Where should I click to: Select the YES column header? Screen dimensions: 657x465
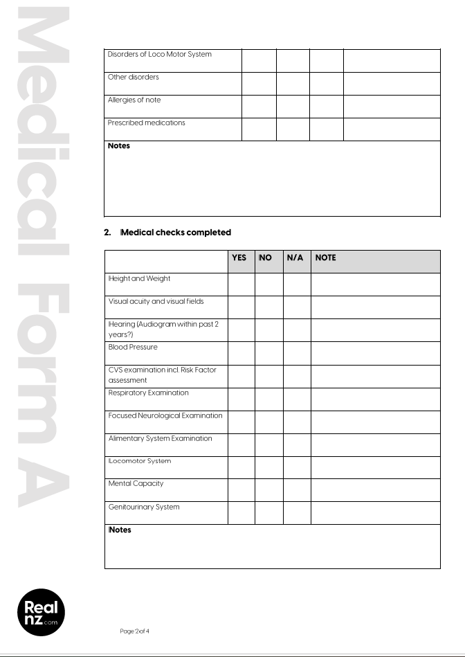coord(239,258)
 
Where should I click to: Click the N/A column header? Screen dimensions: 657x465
coord(295,258)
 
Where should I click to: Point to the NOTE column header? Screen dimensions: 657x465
coord(325,258)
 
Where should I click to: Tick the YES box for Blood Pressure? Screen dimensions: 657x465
coord(241,353)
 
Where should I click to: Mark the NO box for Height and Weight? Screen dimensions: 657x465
coord(268,285)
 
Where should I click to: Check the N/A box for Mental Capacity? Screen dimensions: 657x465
coord(297,489)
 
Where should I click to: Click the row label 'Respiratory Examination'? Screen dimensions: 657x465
coord(148,393)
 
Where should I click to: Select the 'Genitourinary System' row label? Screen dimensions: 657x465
coord(143,507)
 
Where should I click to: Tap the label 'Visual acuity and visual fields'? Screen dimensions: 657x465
coord(156,302)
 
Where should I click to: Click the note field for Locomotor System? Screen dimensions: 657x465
coord(375,467)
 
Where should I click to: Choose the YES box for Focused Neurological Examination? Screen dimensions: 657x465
coord(241,422)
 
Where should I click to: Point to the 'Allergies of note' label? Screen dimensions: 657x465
coord(134,100)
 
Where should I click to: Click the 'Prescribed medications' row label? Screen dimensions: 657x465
coord(146,123)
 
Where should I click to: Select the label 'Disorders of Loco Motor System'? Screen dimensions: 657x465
coord(159,55)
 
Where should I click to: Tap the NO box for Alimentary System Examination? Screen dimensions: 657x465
coord(268,444)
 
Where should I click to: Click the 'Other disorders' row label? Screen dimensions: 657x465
coord(133,78)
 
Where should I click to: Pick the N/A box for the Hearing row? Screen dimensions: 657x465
coord(297,330)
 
